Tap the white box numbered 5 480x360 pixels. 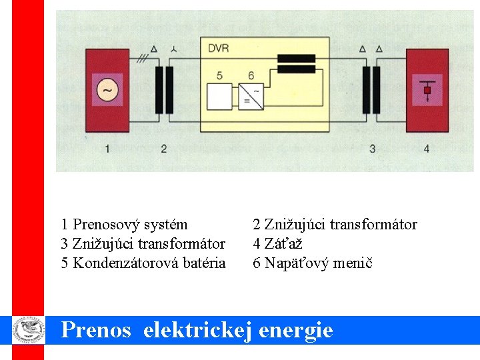click(x=219, y=96)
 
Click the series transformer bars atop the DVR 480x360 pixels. click(x=296, y=63)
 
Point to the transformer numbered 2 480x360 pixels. click(x=165, y=89)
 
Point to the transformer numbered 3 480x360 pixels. click(x=371, y=89)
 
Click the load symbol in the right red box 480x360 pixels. click(x=427, y=90)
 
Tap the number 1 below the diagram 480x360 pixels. click(x=107, y=148)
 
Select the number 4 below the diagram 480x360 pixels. click(x=427, y=148)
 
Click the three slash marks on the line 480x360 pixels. click(x=142, y=59)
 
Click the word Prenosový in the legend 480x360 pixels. click(x=104, y=225)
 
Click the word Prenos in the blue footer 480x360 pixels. click(x=96, y=329)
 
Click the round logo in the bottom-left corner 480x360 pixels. click(x=28, y=329)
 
